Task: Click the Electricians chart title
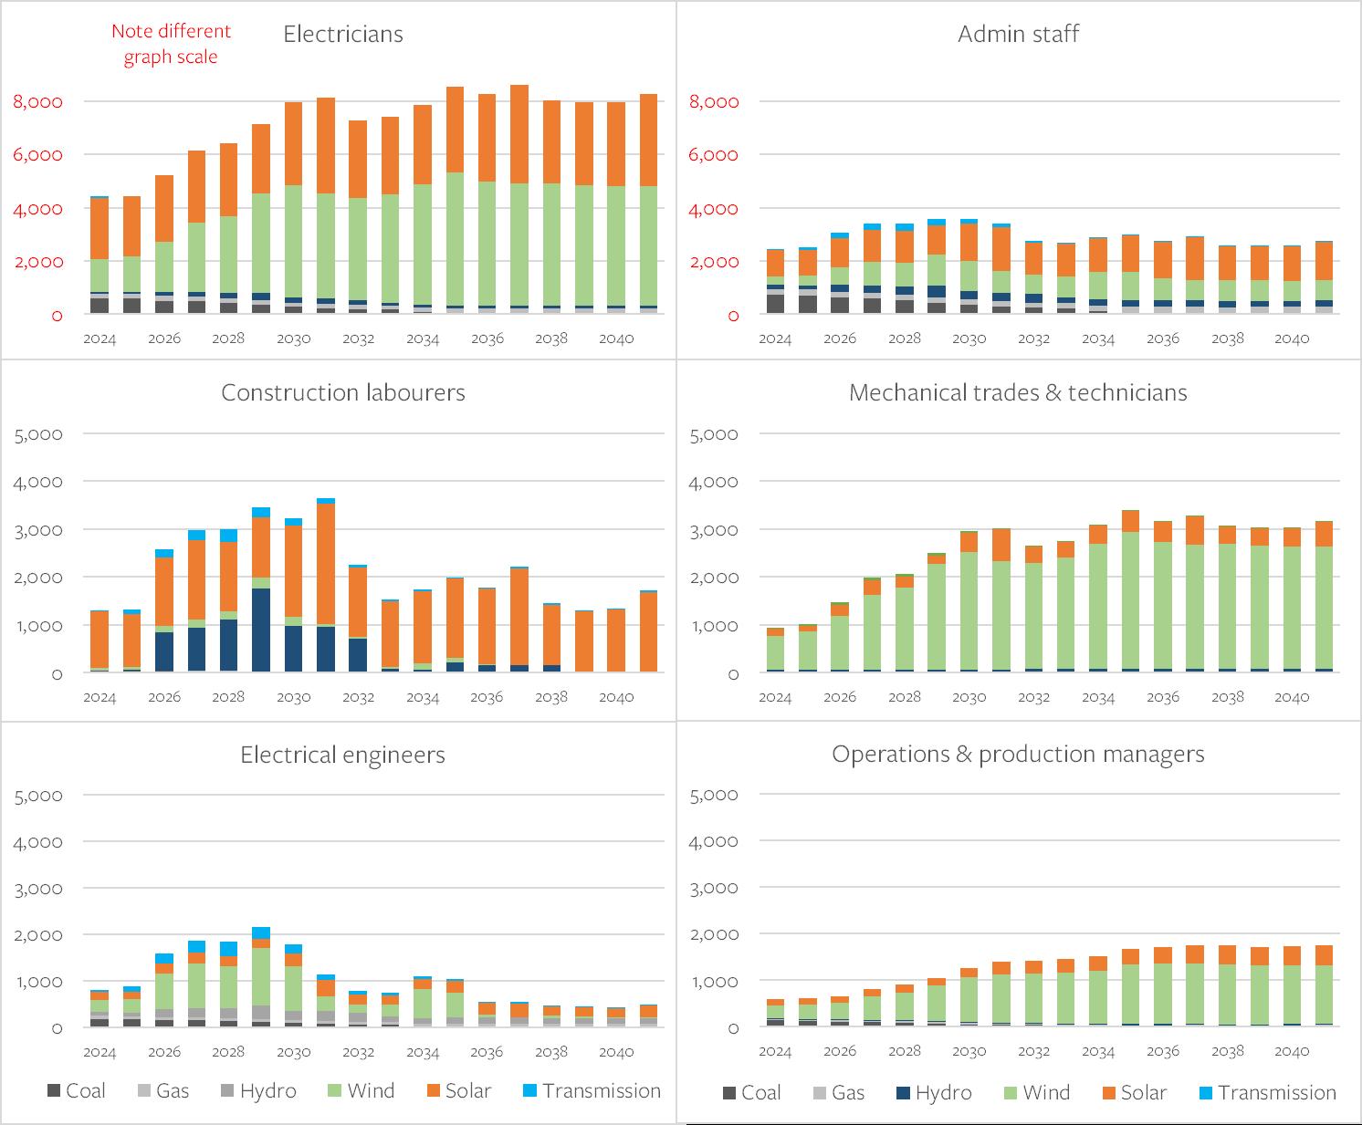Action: point(342,35)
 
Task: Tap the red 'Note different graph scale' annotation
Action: point(171,44)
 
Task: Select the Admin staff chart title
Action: point(1018,35)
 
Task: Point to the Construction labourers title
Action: point(342,393)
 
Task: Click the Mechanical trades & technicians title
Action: point(1018,393)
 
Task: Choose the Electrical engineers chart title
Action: point(342,755)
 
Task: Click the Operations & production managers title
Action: point(1018,755)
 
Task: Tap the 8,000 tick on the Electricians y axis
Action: point(38,101)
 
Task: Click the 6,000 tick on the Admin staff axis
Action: point(714,155)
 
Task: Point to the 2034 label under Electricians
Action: point(423,339)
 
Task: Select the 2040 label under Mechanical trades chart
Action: point(1292,698)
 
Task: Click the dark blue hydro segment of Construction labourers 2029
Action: point(261,630)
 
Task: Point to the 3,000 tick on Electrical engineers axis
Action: point(38,889)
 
